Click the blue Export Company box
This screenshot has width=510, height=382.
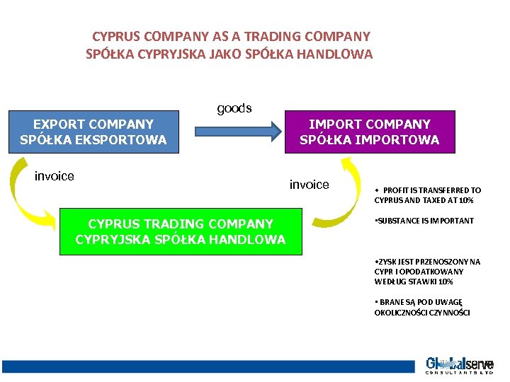(x=93, y=132)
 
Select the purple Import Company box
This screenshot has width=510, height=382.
(x=369, y=132)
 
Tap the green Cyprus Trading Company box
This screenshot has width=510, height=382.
(x=181, y=231)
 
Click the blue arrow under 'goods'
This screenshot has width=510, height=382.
(x=237, y=131)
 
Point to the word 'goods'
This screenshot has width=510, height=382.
(x=234, y=108)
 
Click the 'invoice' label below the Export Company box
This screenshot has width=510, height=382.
(x=55, y=176)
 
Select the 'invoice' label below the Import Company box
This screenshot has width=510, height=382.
(x=309, y=185)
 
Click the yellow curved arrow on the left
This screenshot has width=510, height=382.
(x=28, y=202)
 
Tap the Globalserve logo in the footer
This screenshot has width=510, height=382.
(x=459, y=366)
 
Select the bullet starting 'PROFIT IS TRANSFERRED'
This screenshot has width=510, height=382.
(x=428, y=195)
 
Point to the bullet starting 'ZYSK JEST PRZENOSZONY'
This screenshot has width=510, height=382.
(x=427, y=272)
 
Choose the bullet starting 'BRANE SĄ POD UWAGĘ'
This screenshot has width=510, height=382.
(x=423, y=308)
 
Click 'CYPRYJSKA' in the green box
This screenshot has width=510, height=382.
(x=112, y=239)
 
